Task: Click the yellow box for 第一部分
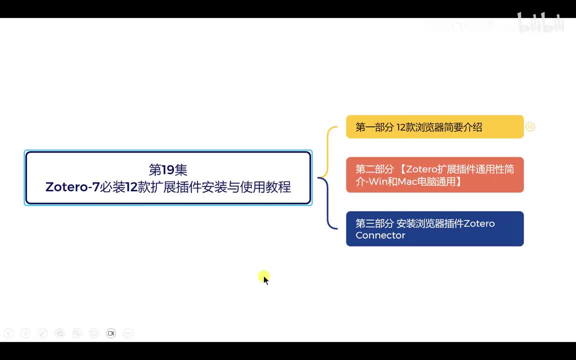tap(434, 127)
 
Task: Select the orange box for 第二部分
tap(434, 175)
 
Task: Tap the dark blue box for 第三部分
tap(434, 229)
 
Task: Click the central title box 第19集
tap(168, 178)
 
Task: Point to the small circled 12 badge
tap(530, 127)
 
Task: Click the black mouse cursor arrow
tap(265, 280)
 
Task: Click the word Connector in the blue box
tap(380, 235)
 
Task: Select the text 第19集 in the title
tap(168, 169)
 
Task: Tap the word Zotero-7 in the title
tap(72, 187)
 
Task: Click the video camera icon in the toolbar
tap(111, 333)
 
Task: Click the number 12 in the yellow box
tap(402, 127)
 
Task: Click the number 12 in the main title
tap(131, 187)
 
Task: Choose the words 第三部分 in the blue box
tap(374, 223)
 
